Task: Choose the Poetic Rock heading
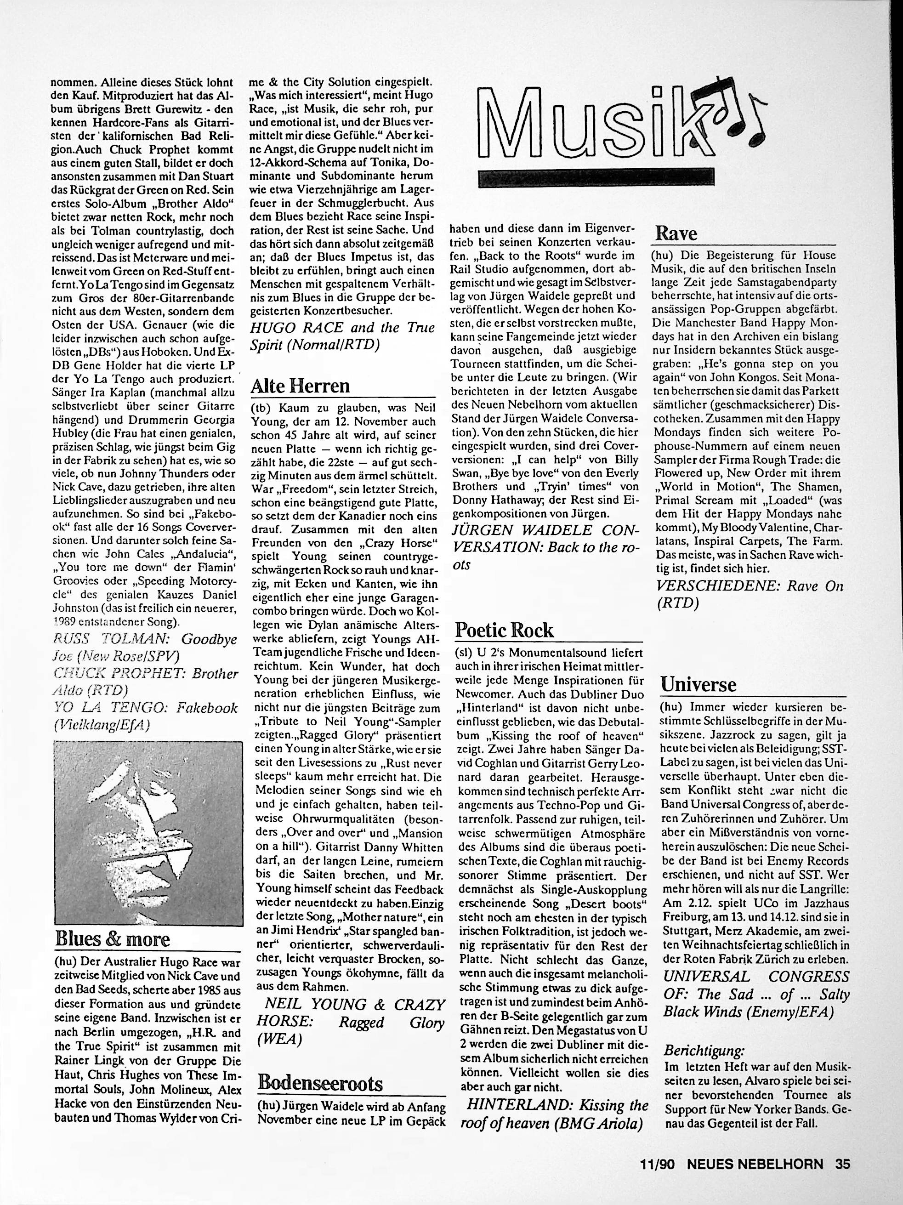[x=504, y=630]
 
